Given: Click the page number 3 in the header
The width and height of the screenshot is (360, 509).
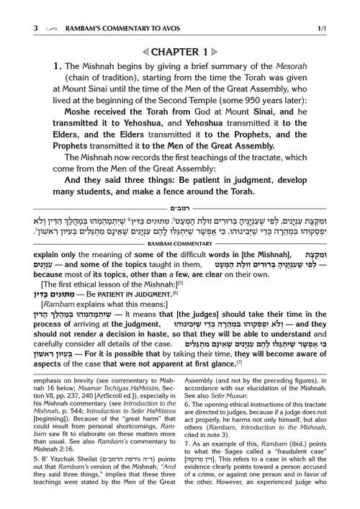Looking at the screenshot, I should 16,9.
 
